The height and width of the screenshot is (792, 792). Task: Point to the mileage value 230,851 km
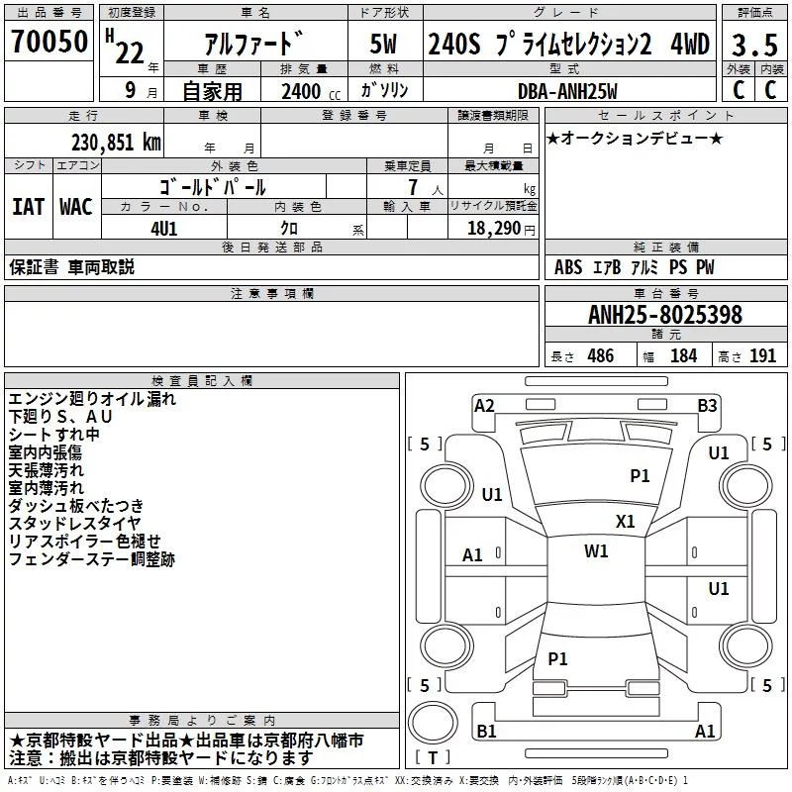pyautogui.click(x=116, y=143)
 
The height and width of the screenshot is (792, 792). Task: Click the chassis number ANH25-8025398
pyautogui.click(x=664, y=316)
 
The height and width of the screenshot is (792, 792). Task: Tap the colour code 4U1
pyautogui.click(x=163, y=227)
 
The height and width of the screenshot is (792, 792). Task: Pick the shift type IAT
pyautogui.click(x=28, y=207)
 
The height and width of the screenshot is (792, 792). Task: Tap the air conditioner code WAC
pyautogui.click(x=76, y=207)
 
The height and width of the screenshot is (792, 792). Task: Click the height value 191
pyautogui.click(x=762, y=356)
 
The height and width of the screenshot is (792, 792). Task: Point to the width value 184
pyautogui.click(x=683, y=356)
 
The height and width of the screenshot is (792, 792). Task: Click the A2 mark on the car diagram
pyautogui.click(x=484, y=405)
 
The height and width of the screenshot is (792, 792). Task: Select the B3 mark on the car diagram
pyautogui.click(x=707, y=405)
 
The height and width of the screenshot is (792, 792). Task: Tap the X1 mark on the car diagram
pyautogui.click(x=626, y=521)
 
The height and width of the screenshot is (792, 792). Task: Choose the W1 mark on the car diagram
pyautogui.click(x=596, y=551)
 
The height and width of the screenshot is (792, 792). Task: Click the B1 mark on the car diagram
pyautogui.click(x=486, y=731)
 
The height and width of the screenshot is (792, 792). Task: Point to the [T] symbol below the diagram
pyautogui.click(x=432, y=757)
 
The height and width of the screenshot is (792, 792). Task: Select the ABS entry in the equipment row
pyautogui.click(x=568, y=267)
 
